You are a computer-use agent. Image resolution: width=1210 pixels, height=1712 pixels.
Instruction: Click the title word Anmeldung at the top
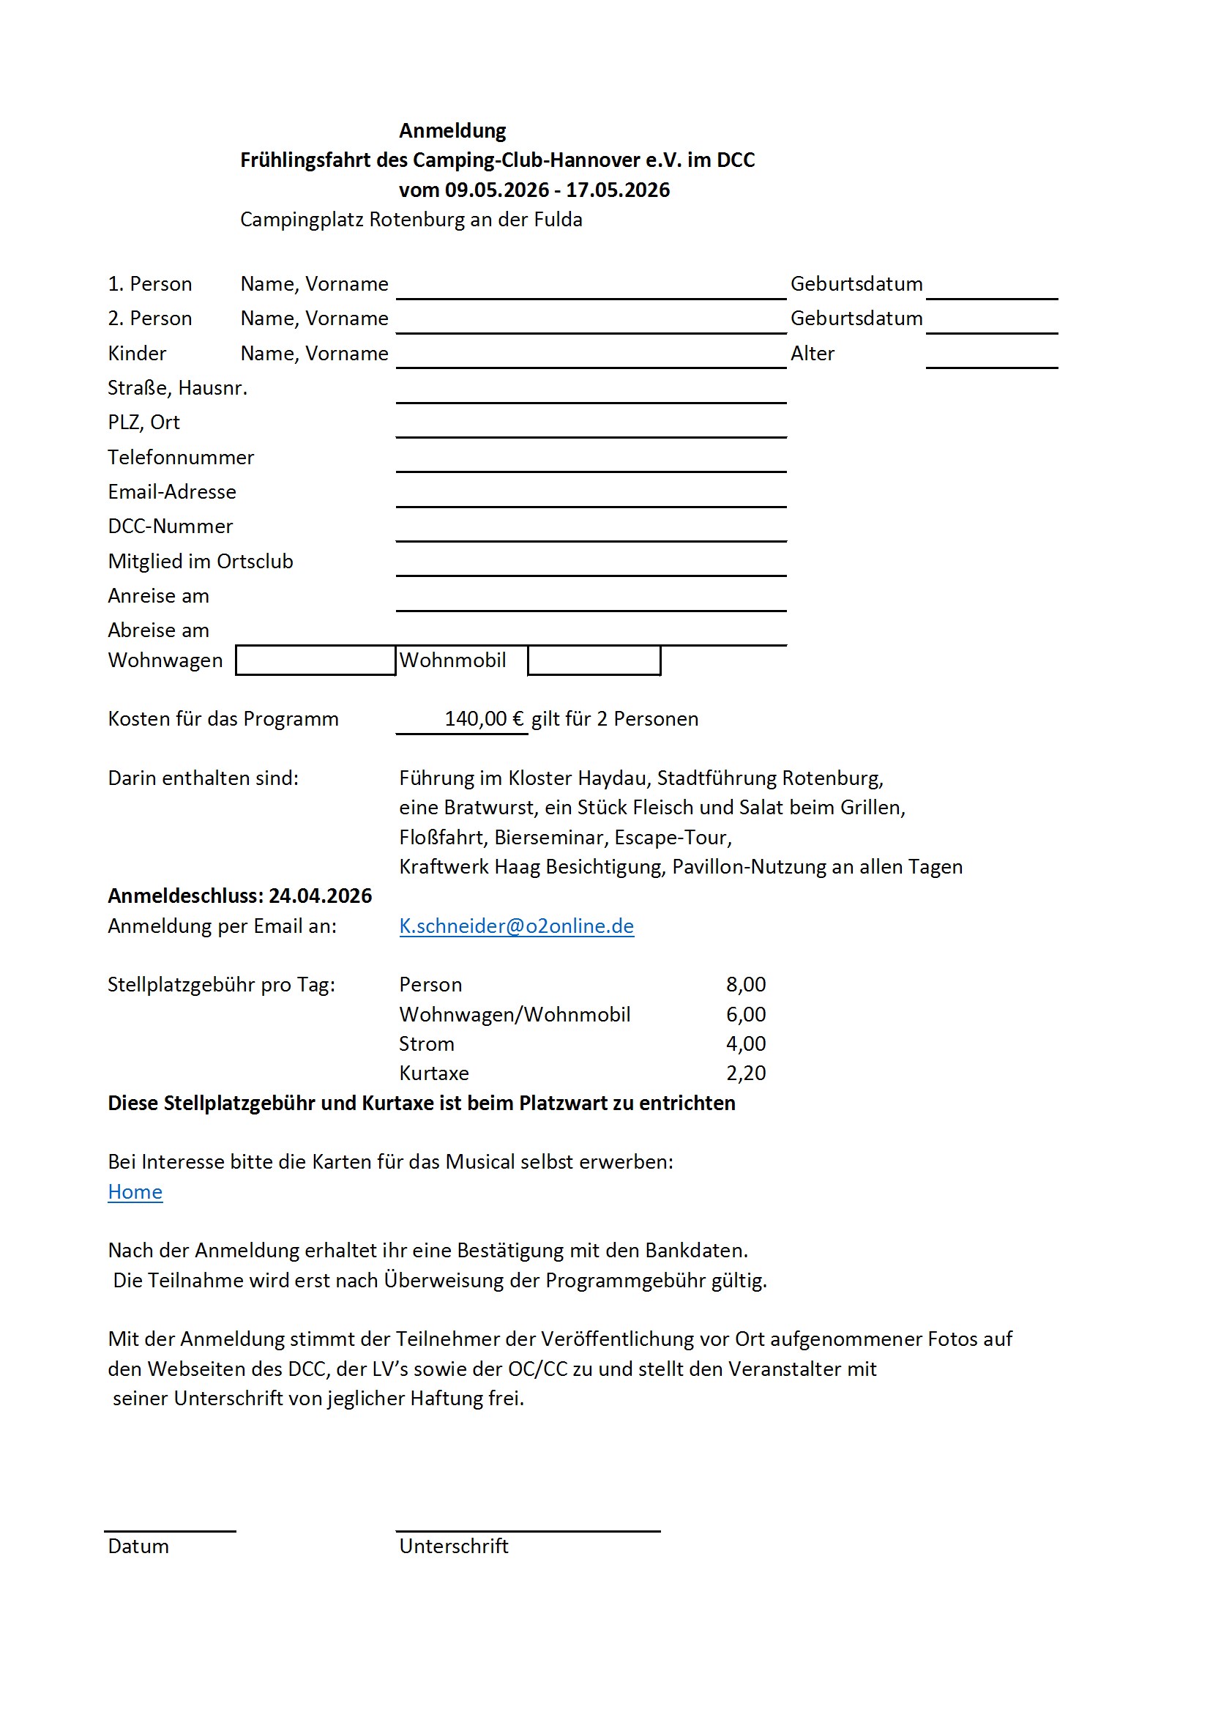pos(452,130)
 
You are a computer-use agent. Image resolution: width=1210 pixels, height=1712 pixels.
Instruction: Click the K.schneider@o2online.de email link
pos(516,926)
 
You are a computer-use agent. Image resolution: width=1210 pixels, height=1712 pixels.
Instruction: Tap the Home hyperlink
pos(135,1191)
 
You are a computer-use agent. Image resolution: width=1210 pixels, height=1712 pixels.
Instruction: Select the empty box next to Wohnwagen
pos(315,660)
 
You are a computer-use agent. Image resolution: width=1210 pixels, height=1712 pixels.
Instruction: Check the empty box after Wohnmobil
pos(594,660)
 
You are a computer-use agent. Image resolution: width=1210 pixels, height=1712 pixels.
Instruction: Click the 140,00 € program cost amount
pos(484,719)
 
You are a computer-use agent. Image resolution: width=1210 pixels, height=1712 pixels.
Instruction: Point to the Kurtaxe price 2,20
pos(745,1073)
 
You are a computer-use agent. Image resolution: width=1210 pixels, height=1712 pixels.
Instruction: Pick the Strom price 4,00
pos(745,1043)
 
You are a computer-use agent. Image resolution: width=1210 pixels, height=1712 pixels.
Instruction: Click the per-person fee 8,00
pos(745,984)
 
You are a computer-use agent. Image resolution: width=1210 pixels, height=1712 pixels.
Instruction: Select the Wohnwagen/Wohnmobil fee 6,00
pos(745,1014)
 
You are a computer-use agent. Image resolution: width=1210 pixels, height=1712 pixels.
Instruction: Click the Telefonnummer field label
pos(180,457)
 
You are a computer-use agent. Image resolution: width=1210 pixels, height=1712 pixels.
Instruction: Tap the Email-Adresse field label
pos(171,491)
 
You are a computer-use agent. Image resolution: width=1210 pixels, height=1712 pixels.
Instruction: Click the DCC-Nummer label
pos(170,526)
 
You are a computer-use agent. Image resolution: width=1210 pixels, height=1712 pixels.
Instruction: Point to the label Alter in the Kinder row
pos(812,354)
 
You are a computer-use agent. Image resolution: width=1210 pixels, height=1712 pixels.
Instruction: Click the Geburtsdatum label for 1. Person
pos(856,284)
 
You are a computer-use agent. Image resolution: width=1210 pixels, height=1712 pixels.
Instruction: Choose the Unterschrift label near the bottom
pos(453,1546)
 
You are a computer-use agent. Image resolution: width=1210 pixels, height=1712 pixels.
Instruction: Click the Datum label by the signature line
pos(138,1546)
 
